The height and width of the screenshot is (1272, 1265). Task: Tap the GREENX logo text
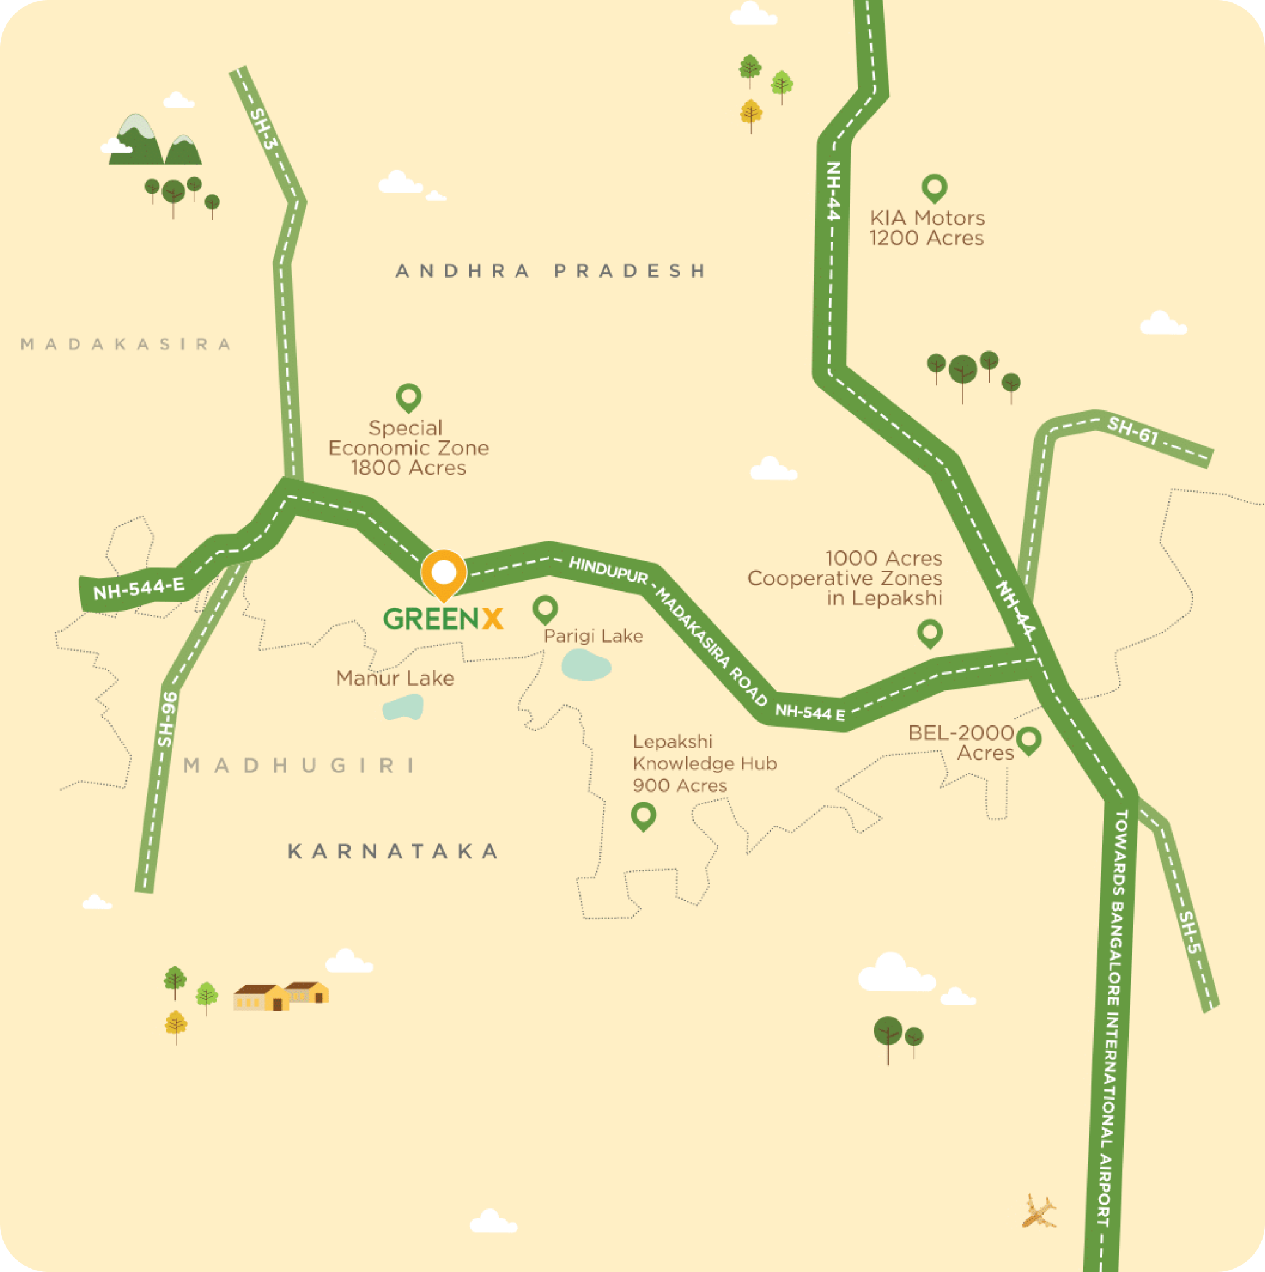tap(443, 619)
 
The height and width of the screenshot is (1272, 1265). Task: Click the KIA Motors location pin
tap(934, 188)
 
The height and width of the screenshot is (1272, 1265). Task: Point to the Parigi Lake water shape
tap(585, 664)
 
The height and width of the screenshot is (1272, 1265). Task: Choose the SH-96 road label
tap(168, 719)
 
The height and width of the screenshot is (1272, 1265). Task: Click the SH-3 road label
tap(264, 128)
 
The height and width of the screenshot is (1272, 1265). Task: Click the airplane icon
tap(1039, 1212)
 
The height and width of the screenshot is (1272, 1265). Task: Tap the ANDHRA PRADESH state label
tap(551, 270)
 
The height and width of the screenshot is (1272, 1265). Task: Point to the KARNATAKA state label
tap(393, 851)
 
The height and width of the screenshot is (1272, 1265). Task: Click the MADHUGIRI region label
tap(300, 765)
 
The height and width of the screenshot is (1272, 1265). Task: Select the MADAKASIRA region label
tap(127, 344)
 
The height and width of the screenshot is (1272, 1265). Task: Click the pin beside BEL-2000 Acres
tap(1028, 740)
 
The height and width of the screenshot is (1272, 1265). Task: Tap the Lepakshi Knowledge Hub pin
tap(643, 816)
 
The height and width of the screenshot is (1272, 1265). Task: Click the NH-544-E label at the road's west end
tap(139, 588)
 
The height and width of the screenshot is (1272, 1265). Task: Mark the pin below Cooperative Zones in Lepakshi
tap(929, 634)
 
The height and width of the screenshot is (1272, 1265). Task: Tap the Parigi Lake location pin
tap(544, 610)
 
